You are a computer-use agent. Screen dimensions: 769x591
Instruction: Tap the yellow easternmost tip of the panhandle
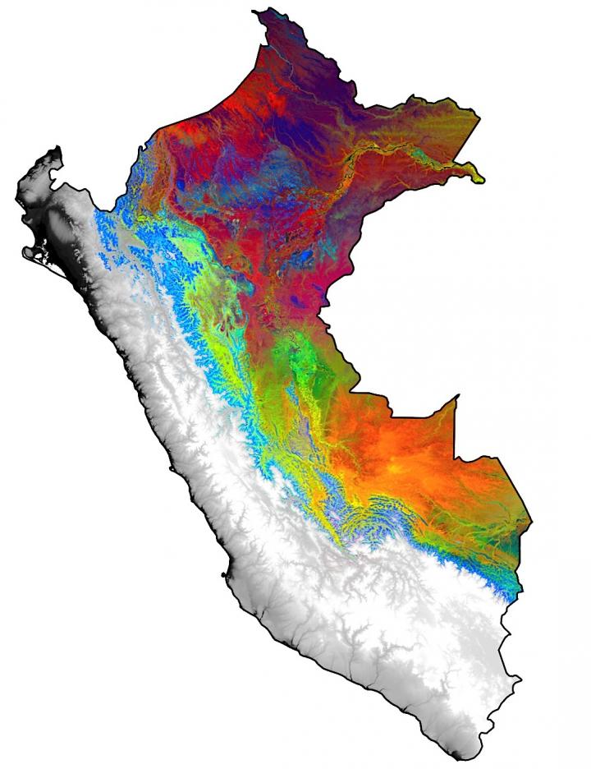tap(480, 178)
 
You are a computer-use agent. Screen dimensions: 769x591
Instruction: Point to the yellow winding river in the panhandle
tap(394, 152)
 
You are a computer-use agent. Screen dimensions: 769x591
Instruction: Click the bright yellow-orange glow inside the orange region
tap(402, 468)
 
